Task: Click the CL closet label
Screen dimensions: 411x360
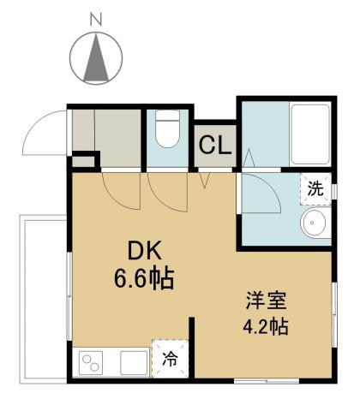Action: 213,146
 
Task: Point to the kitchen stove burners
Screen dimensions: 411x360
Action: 90,363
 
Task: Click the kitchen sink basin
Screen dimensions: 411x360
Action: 133,363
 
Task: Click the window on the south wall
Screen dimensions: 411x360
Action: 257,378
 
